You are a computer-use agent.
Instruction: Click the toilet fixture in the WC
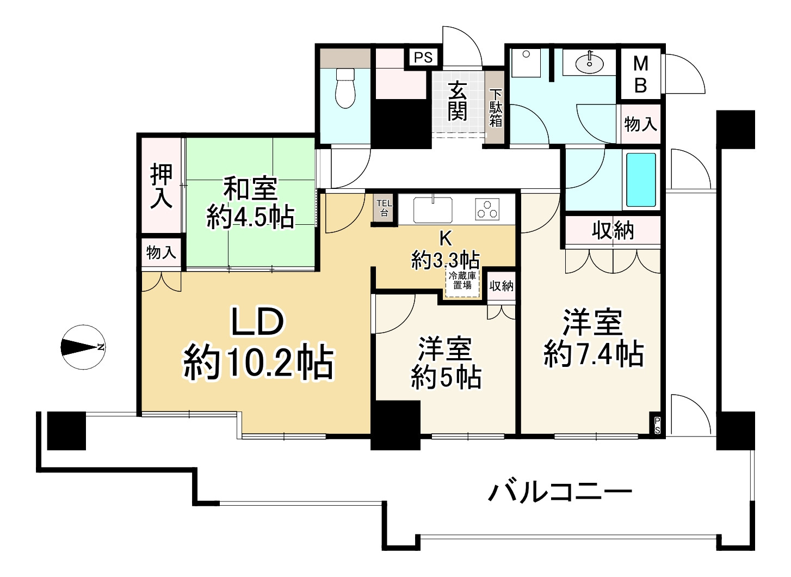click(345, 87)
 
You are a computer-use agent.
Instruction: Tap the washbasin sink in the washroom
click(589, 63)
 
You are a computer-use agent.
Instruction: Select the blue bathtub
click(641, 179)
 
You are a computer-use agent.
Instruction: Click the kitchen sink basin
click(432, 210)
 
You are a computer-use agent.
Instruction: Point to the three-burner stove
click(487, 209)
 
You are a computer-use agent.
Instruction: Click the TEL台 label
click(384, 208)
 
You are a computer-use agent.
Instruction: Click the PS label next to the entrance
click(423, 57)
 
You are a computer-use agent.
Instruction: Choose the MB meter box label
click(641, 74)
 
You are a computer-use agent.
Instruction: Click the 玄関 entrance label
click(458, 101)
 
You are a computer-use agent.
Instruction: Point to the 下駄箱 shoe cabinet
click(495, 108)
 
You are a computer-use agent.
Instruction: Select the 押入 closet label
click(162, 186)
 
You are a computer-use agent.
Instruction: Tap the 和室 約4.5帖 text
click(250, 203)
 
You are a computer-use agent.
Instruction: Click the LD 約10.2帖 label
click(258, 343)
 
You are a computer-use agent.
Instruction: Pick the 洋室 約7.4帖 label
click(593, 337)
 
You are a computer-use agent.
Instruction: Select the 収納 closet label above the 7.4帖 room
click(613, 231)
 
